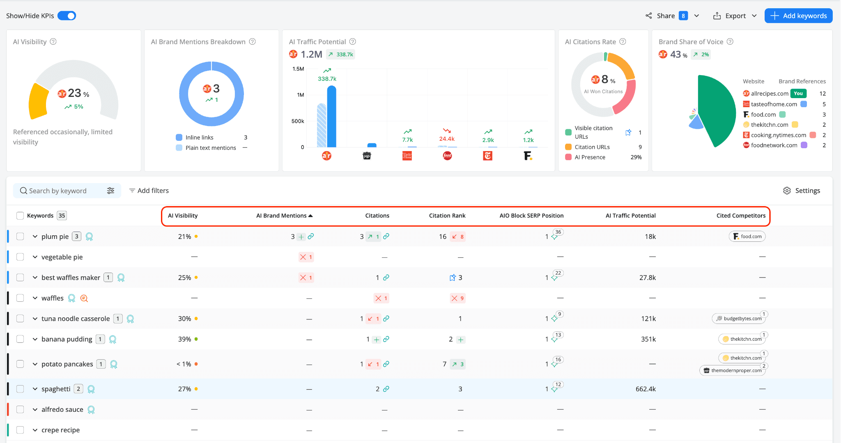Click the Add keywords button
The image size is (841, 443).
798,16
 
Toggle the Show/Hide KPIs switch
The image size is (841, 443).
67,16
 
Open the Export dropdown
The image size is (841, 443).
735,16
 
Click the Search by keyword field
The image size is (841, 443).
62,191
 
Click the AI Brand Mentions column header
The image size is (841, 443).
282,216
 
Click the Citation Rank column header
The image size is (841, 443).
447,216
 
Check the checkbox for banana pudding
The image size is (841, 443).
20,339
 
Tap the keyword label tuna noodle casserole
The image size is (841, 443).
76,319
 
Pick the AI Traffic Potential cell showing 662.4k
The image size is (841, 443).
646,389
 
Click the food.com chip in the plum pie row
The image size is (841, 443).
747,236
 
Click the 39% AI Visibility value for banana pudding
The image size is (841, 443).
184,339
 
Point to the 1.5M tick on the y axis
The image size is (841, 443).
298,69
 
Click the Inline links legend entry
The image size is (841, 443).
199,138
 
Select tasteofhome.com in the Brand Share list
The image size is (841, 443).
774,104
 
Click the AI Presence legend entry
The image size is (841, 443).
590,157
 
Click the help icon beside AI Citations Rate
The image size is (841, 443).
623,41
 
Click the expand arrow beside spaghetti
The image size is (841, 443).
35,389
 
